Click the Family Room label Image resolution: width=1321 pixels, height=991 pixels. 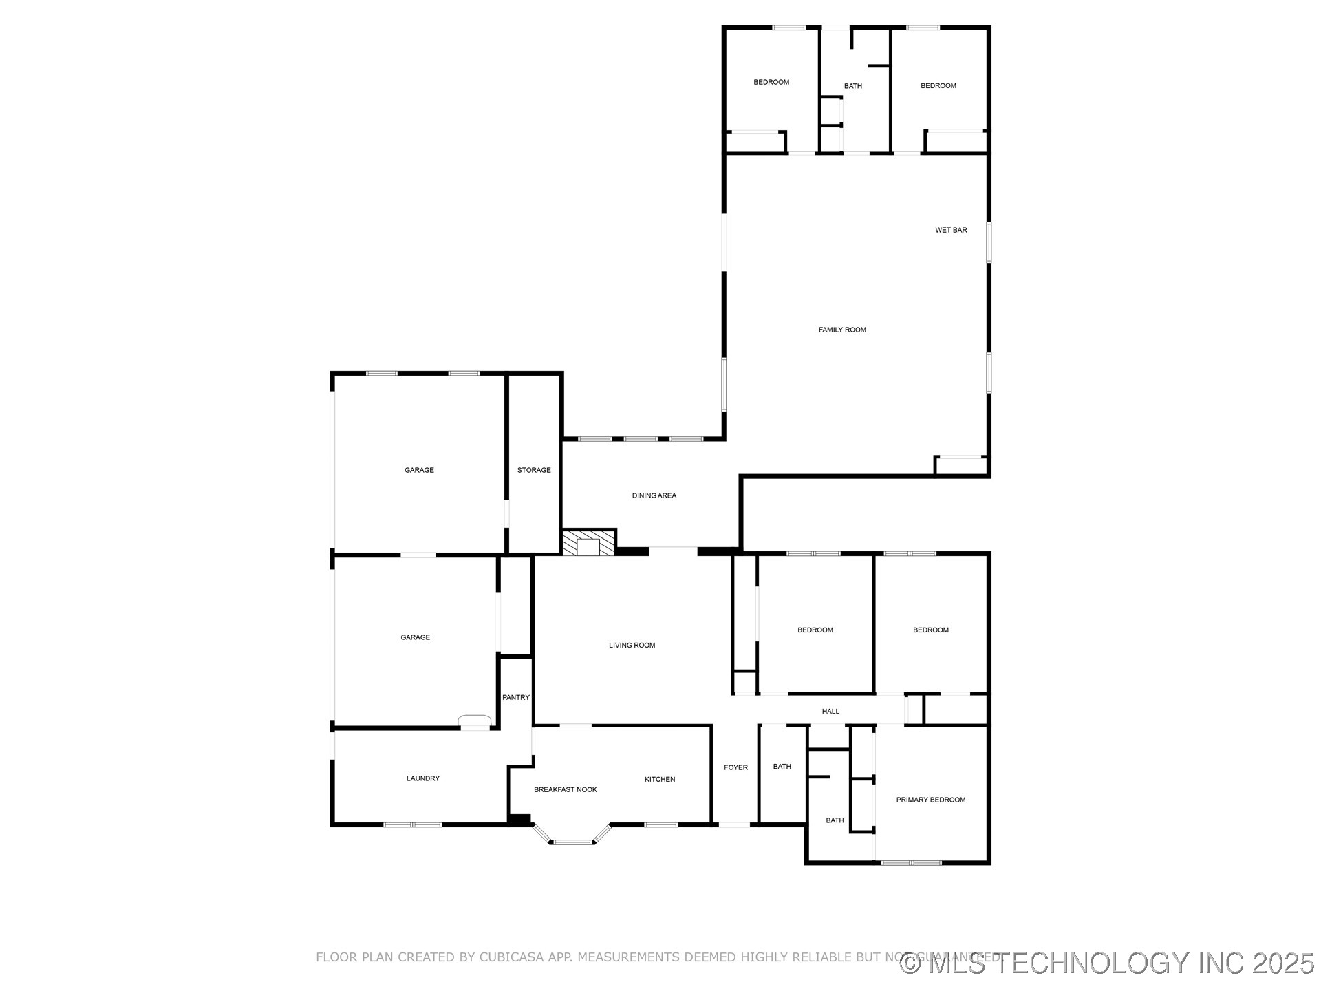[842, 330]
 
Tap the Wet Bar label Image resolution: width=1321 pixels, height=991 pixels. [951, 230]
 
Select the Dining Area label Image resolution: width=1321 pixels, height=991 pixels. [654, 495]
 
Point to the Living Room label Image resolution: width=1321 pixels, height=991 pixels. [632, 645]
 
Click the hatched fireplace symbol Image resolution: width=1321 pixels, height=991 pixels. [588, 543]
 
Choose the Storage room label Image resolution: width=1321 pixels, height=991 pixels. [534, 470]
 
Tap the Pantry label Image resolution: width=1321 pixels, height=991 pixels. [516, 697]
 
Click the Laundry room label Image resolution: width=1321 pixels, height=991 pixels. [422, 778]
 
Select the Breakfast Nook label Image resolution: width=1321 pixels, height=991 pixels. [566, 789]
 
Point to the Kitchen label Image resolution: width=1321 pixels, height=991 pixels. [660, 779]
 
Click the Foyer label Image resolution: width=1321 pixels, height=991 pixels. [735, 767]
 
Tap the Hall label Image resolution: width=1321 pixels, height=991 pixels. [830, 711]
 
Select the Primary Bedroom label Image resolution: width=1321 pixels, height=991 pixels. [930, 800]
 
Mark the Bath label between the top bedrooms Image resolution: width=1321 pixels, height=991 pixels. [852, 86]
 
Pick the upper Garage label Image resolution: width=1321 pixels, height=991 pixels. [419, 470]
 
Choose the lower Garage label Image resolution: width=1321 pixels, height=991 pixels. [415, 637]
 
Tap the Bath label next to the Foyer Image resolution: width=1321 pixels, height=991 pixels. [782, 767]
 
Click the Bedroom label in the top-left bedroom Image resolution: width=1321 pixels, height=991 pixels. [771, 82]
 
